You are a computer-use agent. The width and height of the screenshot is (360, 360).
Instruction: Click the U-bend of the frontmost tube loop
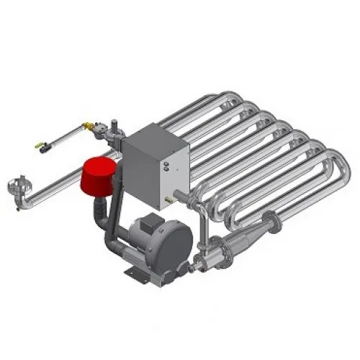338,173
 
